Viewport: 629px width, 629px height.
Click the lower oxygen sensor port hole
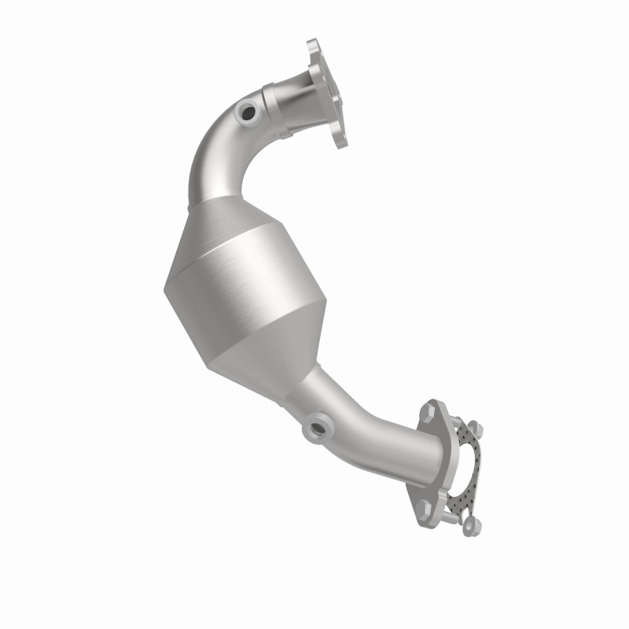[318, 429]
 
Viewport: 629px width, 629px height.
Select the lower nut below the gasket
[469, 525]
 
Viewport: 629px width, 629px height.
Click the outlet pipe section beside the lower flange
[393, 448]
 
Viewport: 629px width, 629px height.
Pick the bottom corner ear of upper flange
[340, 142]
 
